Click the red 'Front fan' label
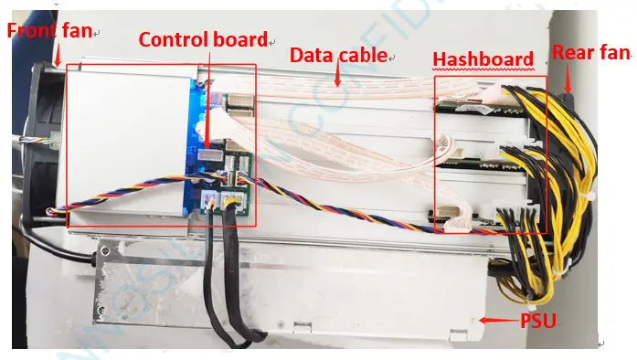(x=49, y=30)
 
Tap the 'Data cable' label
(x=338, y=55)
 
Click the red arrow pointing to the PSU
(x=499, y=321)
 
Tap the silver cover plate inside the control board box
(x=123, y=137)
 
